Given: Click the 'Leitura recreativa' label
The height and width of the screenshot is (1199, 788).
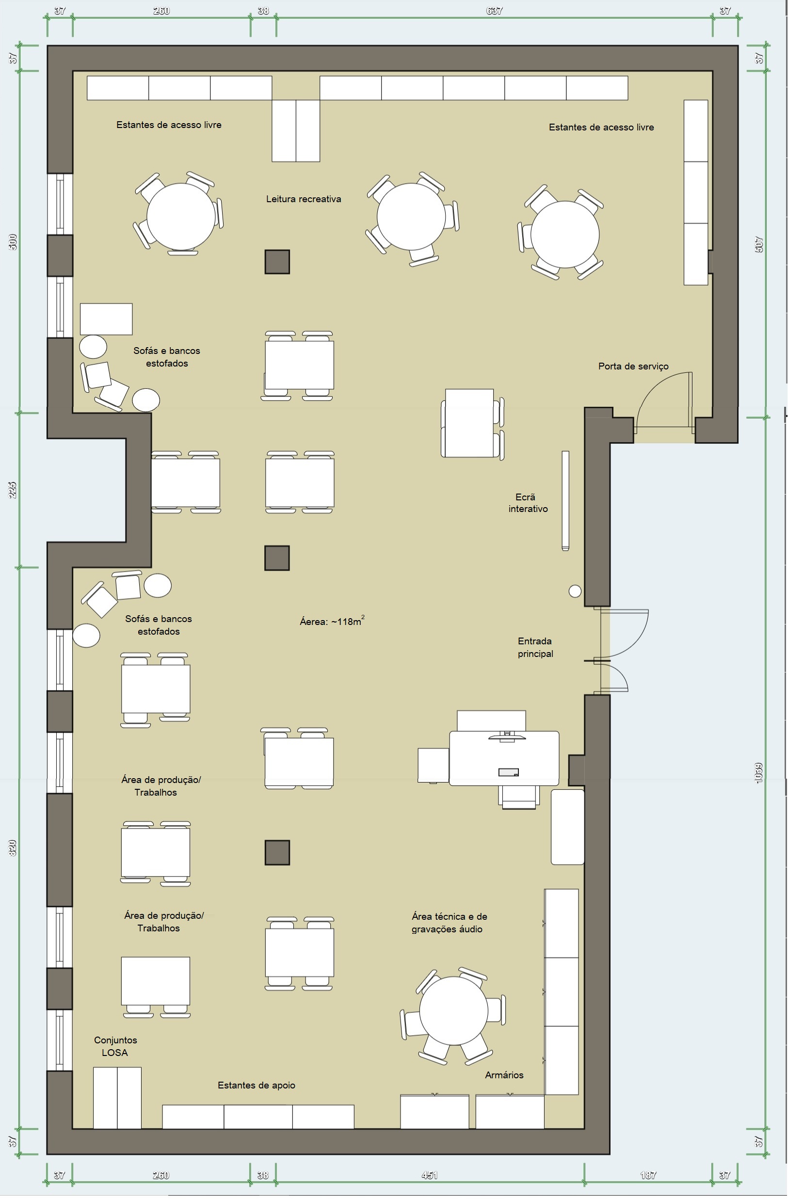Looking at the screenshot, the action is pyautogui.click(x=303, y=199).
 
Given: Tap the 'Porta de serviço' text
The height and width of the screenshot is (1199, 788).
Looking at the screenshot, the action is pyautogui.click(x=633, y=366).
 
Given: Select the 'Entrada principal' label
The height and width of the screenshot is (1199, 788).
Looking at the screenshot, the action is pyautogui.click(x=535, y=647).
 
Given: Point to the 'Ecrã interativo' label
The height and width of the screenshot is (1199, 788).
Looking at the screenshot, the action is pyautogui.click(x=528, y=503).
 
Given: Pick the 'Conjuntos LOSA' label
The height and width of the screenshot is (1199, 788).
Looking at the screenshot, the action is pyautogui.click(x=115, y=1046).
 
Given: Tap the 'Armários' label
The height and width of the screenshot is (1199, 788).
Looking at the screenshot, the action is pyautogui.click(x=504, y=1075).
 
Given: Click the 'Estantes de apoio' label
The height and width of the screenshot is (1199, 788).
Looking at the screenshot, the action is pyautogui.click(x=257, y=1085).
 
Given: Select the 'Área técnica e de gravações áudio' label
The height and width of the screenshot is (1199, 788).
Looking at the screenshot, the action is pyautogui.click(x=449, y=923).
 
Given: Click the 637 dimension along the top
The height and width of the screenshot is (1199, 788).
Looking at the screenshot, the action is pyautogui.click(x=494, y=11).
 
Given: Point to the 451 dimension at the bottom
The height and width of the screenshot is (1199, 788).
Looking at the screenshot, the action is pyautogui.click(x=429, y=1175).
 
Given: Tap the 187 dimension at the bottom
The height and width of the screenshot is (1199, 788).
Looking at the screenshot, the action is pyautogui.click(x=648, y=1175).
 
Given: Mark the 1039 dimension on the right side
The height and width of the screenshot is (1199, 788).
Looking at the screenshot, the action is pyautogui.click(x=759, y=773).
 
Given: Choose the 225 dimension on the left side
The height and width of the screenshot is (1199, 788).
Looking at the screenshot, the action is pyautogui.click(x=13, y=490).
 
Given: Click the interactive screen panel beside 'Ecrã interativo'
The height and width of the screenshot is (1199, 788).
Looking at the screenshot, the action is pyautogui.click(x=565, y=500).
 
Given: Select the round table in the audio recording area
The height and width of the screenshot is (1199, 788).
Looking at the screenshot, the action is pyautogui.click(x=453, y=1010).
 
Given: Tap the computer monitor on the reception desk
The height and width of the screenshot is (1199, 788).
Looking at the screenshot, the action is pyautogui.click(x=507, y=737).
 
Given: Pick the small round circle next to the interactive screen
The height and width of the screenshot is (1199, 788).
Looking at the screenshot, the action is pyautogui.click(x=575, y=591).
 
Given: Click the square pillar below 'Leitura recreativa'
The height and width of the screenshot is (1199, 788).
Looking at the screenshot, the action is pyautogui.click(x=277, y=262).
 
